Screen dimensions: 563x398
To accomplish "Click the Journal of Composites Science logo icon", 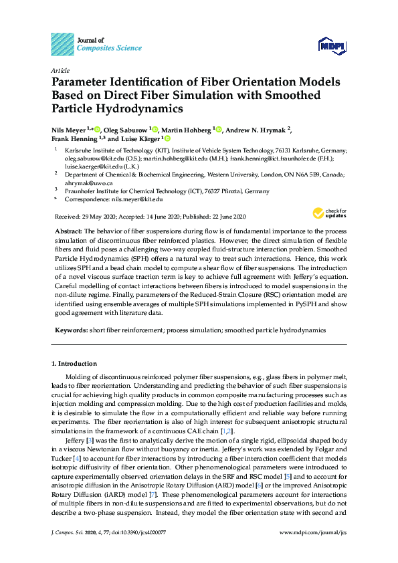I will (62, 43).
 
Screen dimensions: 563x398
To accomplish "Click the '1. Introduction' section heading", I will (74, 364).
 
